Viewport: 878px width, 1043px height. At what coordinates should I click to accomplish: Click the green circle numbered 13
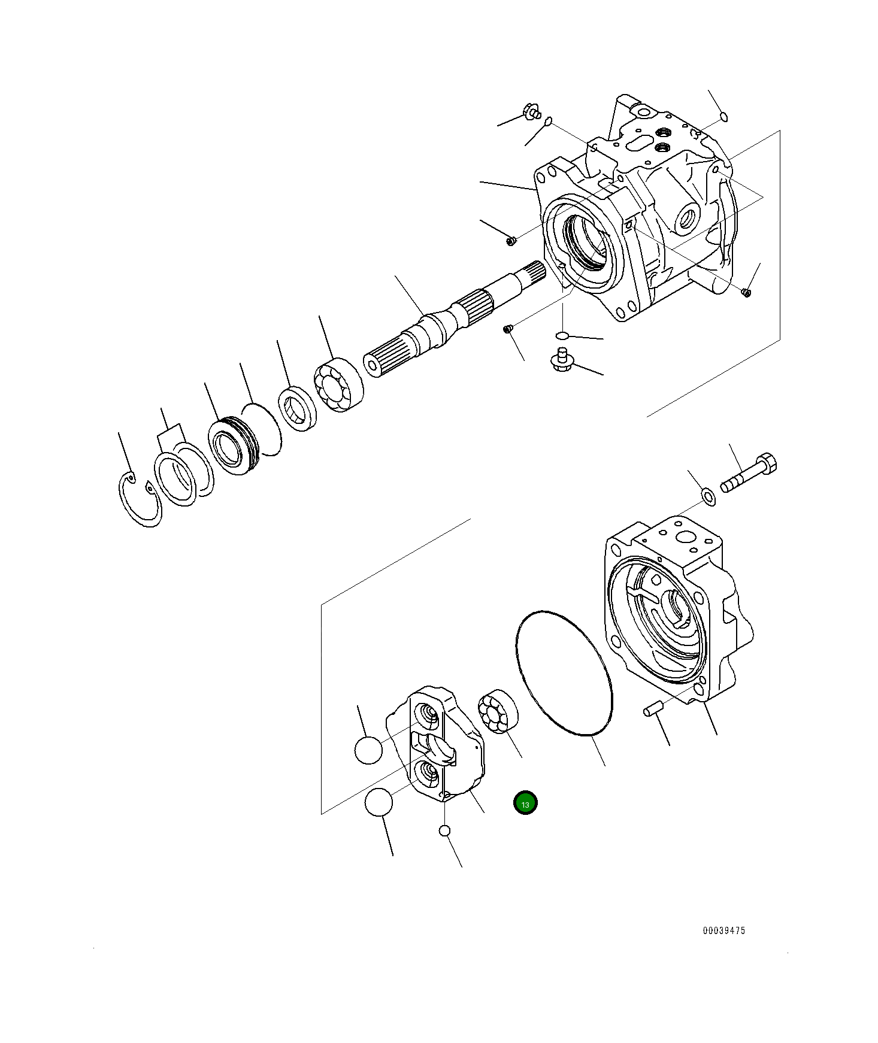coord(525,804)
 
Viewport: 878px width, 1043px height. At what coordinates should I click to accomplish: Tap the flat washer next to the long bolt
coord(708,496)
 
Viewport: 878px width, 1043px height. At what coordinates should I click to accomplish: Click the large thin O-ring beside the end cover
coord(564,673)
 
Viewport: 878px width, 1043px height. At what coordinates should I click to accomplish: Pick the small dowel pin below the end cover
coord(651,710)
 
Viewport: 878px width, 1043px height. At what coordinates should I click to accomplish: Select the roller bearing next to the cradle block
coord(498,711)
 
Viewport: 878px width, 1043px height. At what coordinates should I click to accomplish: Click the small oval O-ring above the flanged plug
coord(562,334)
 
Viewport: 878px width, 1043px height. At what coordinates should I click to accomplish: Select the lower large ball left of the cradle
coord(378,802)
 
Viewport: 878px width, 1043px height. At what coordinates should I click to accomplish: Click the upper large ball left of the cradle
coord(368,750)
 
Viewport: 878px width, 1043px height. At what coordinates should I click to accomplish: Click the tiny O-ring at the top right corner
coord(723,116)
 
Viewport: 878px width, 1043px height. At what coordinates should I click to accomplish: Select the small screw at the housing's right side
coord(746,292)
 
